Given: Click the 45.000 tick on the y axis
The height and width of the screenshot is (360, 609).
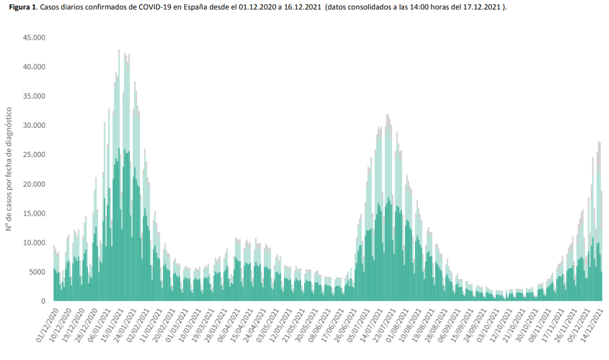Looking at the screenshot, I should click(34, 37).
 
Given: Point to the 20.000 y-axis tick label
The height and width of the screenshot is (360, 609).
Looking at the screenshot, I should click(34, 184).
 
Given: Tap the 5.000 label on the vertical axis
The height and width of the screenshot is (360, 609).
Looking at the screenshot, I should click(37, 272).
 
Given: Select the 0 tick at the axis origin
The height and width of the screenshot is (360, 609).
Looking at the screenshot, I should click(43, 301).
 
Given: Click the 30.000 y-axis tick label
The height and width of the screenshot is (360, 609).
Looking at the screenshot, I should click(34, 125).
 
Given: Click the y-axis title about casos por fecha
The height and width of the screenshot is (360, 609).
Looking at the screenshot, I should click(11, 169).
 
